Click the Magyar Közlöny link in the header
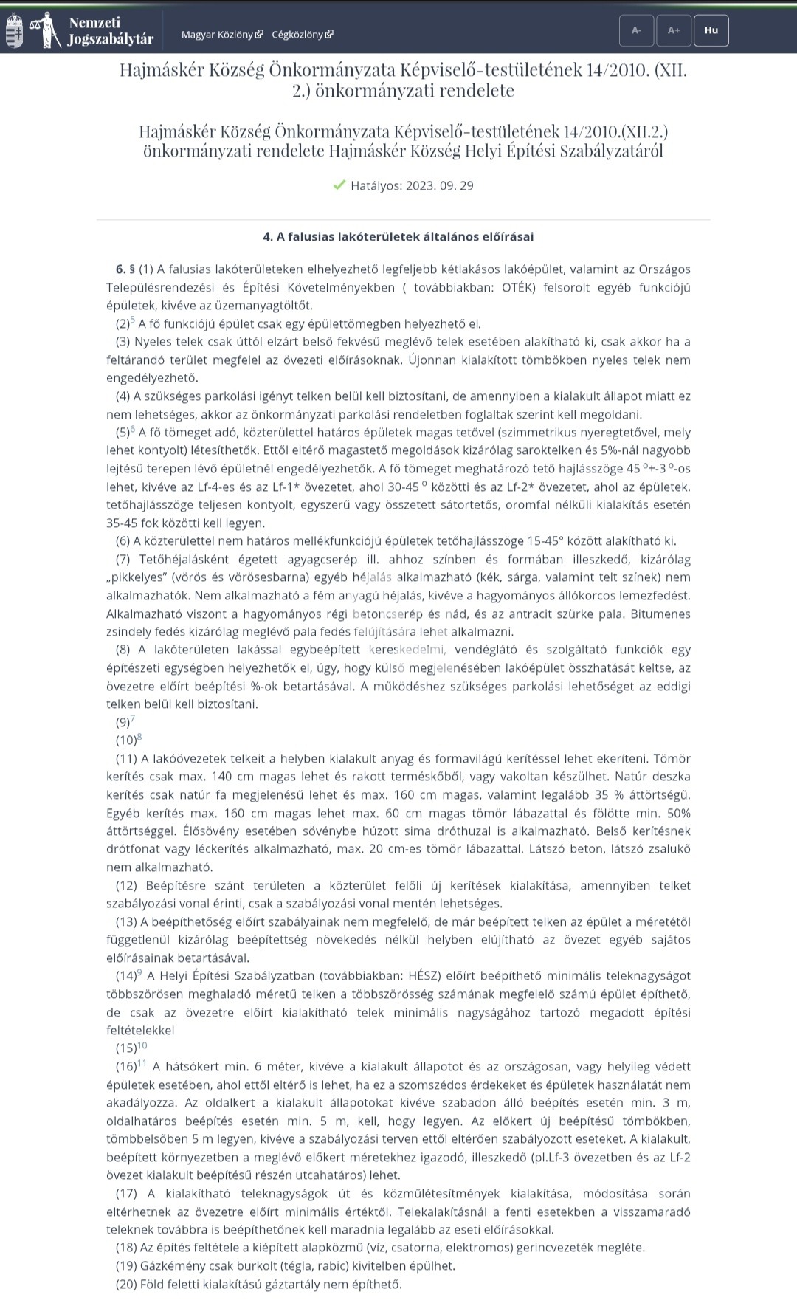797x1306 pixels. (x=221, y=35)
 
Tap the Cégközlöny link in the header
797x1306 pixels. (x=302, y=35)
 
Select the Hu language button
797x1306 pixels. (x=711, y=31)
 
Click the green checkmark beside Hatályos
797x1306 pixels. (x=339, y=185)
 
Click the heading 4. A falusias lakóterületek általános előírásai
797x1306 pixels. (x=398, y=237)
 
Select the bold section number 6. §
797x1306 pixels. (x=125, y=269)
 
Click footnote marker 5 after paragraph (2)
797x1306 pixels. (x=133, y=320)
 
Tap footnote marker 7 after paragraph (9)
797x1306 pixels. (x=133, y=719)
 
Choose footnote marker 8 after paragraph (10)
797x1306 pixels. (x=139, y=737)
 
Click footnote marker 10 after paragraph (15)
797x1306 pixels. (x=142, y=1045)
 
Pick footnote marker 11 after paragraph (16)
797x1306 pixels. (x=142, y=1063)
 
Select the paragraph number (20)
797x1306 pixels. (x=127, y=1284)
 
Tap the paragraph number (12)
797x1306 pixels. (x=127, y=885)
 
